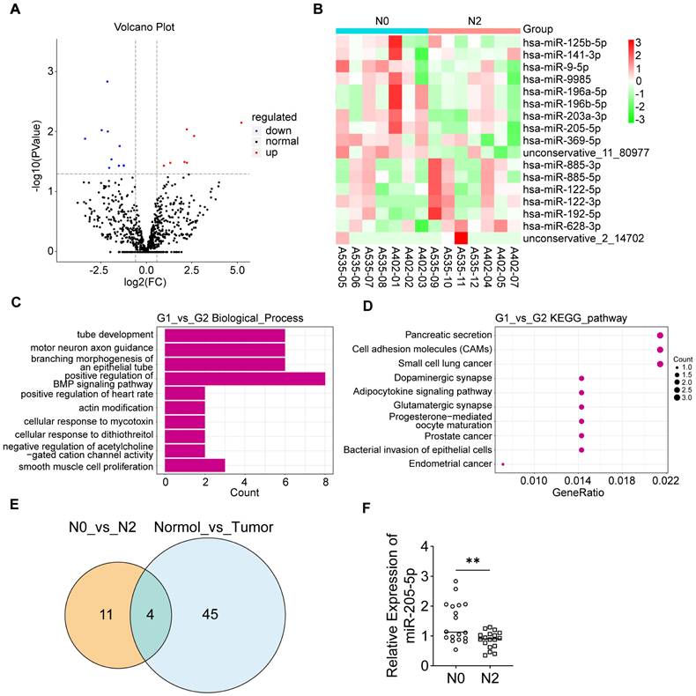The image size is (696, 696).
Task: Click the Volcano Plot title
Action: coord(145,27)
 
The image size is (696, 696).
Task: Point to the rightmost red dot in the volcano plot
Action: coord(241,122)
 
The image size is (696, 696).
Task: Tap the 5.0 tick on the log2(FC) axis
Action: coord(237,265)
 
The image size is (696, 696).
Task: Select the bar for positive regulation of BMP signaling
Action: coord(245,379)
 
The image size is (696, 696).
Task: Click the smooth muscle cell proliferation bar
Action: coord(196,463)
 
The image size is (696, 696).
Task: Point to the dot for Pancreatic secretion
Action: coord(660,336)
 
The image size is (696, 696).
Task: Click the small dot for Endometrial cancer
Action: coord(502,463)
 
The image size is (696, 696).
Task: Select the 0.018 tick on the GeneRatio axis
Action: coord(621,480)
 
